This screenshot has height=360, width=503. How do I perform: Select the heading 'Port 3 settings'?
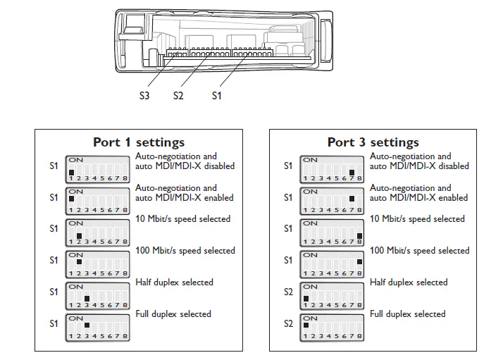pyautogui.click(x=373, y=142)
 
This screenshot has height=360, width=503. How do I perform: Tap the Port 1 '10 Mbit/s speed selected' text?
pyautogui.click(x=182, y=219)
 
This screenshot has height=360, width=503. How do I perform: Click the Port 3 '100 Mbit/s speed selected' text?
pyautogui.click(x=419, y=251)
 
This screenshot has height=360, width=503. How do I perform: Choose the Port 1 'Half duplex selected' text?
pyautogui.click(x=174, y=283)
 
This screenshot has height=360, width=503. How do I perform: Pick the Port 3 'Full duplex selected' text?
pyautogui.click(x=408, y=314)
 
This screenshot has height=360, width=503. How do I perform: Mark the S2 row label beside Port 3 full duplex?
pyautogui.click(x=287, y=324)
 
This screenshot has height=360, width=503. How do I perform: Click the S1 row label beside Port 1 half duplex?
pyautogui.click(x=54, y=292)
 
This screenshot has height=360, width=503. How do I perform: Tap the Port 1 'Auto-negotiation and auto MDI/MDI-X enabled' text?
pyautogui.click(x=185, y=193)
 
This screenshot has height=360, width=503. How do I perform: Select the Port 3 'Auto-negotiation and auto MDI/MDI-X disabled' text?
pyautogui.click(x=419, y=161)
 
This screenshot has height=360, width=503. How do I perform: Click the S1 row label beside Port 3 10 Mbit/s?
pyautogui.click(x=287, y=229)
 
